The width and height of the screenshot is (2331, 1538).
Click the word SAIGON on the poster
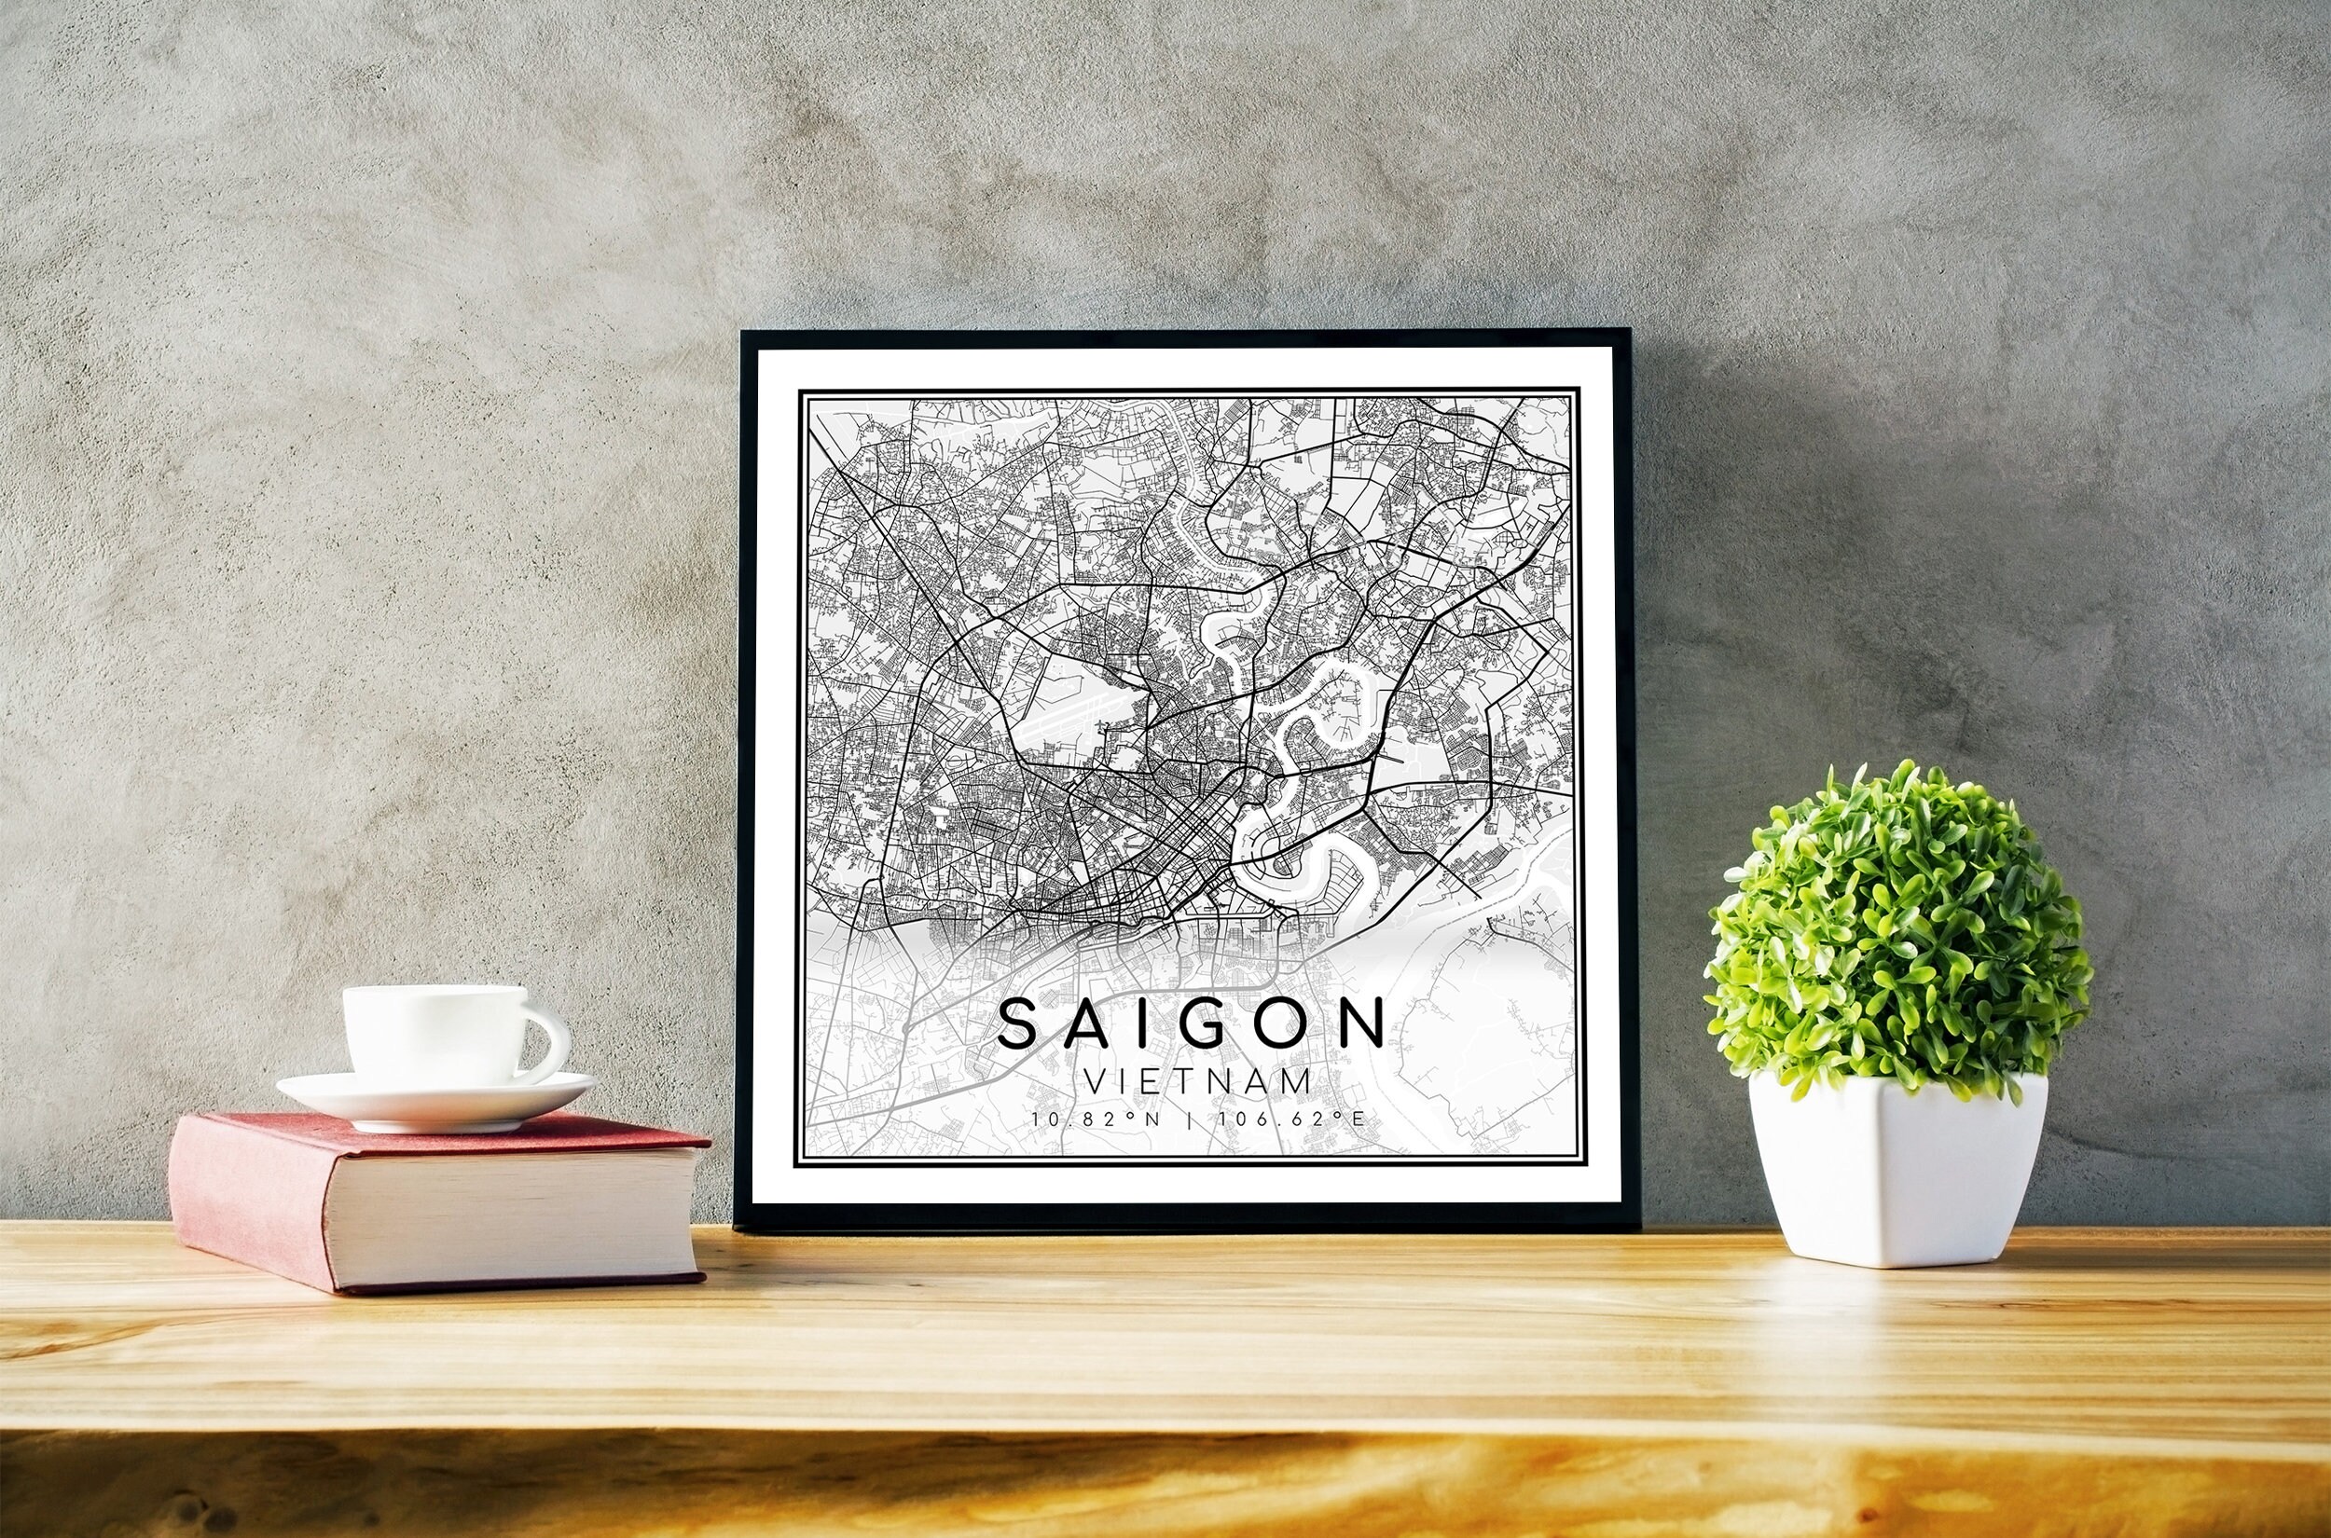tap(1191, 1024)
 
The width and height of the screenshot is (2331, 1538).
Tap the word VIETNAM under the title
tap(1198, 1081)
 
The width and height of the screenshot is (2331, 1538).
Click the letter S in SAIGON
tap(1019, 1024)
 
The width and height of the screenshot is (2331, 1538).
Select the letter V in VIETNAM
tap(1095, 1081)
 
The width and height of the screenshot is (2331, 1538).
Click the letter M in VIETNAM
tap(1297, 1081)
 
